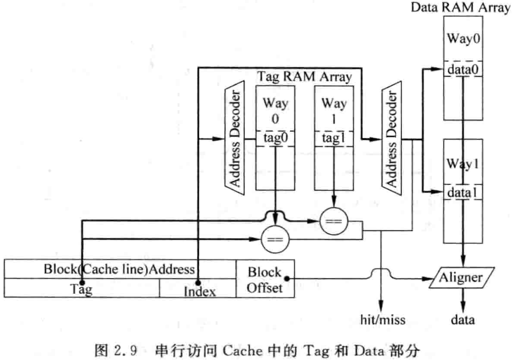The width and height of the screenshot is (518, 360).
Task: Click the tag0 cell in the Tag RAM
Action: point(275,138)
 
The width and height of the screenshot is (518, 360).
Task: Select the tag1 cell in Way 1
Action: point(334,138)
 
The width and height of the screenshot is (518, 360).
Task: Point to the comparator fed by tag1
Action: point(334,222)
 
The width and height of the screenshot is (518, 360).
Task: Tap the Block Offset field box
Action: point(265,279)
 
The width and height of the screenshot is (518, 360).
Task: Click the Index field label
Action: point(200,291)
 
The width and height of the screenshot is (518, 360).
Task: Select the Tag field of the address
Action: point(82,289)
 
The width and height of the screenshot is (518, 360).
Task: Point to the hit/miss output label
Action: point(382,320)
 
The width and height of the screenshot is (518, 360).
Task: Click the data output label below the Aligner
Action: point(463,320)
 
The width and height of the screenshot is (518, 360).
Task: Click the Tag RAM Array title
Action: point(304,77)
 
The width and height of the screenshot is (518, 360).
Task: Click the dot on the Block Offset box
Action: point(286,278)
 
